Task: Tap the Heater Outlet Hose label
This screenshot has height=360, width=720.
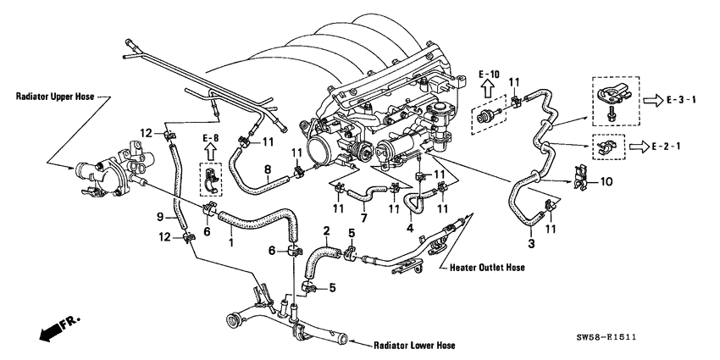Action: click(x=482, y=267)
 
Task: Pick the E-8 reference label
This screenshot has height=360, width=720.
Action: click(x=211, y=136)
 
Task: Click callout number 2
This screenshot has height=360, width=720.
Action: click(x=326, y=230)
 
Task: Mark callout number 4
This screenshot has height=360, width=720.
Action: click(x=410, y=227)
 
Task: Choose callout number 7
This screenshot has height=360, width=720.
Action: click(x=364, y=219)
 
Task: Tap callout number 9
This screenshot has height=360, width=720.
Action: click(x=159, y=218)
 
